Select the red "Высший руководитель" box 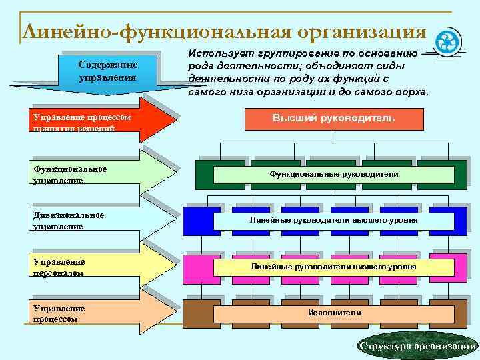point(333,118)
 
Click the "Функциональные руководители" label point(334,174)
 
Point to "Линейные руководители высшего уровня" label point(334,219)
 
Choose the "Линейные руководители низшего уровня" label point(334,267)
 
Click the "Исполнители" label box point(334,313)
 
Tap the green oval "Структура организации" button point(417,346)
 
